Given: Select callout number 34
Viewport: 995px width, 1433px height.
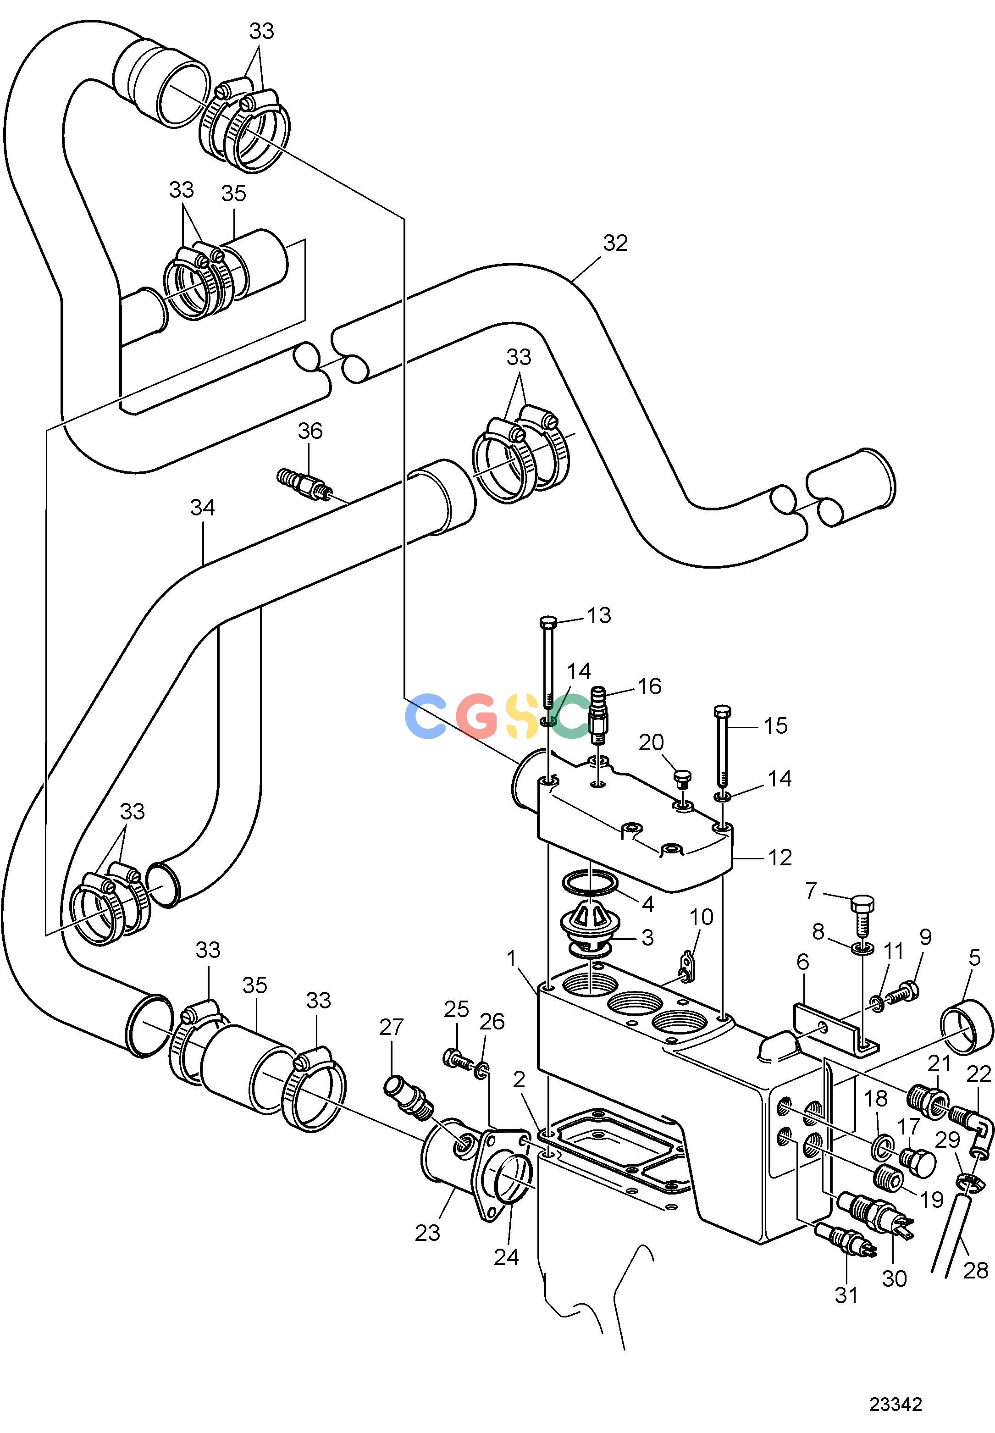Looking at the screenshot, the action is point(203,508).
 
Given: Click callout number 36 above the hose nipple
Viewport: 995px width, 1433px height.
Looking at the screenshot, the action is point(310,431).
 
